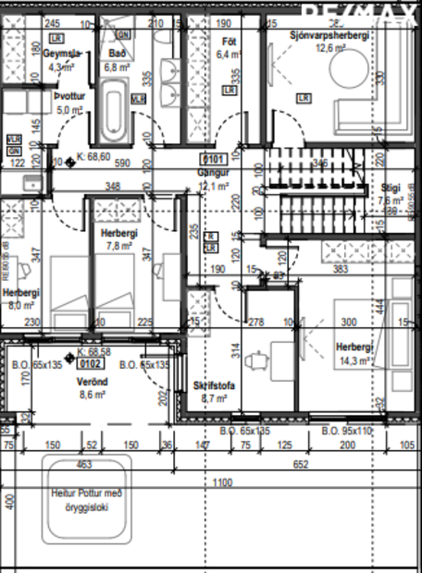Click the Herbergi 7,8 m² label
point(118,240)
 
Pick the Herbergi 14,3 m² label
point(354,352)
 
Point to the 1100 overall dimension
point(219,482)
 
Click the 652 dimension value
point(302,465)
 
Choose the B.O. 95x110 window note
point(346,431)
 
